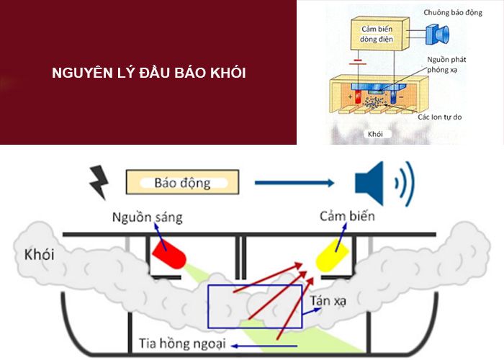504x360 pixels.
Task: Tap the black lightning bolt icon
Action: click(99, 182)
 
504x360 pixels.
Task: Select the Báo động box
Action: click(182, 182)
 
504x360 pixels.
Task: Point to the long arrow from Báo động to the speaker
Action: click(294, 183)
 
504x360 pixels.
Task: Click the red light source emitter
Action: click(170, 253)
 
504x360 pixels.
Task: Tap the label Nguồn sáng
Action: click(148, 217)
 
